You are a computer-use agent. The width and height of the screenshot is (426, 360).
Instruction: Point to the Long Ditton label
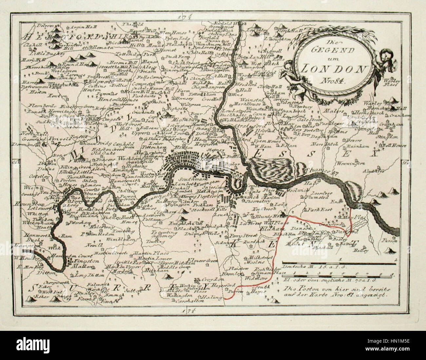pyautogui.click(x=85, y=276)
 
